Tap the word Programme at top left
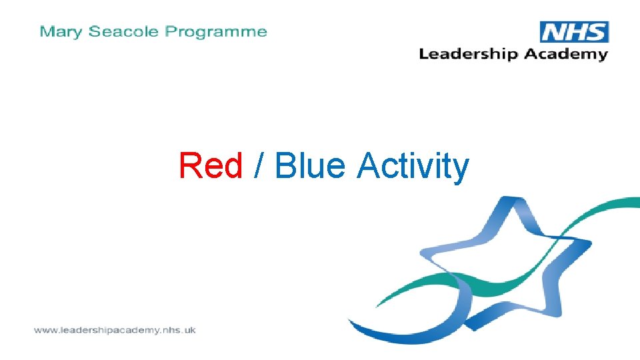tap(216, 32)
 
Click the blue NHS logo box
tap(574, 32)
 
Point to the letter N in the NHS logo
tap(553, 32)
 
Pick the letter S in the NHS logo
tap(595, 32)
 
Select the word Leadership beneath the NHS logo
tap(468, 55)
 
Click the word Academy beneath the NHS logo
tap(565, 55)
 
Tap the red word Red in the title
tap(211, 165)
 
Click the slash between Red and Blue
tap(259, 165)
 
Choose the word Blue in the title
tap(310, 165)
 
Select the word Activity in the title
tap(413, 165)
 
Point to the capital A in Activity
tap(370, 165)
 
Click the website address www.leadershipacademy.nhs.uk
tap(115, 330)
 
